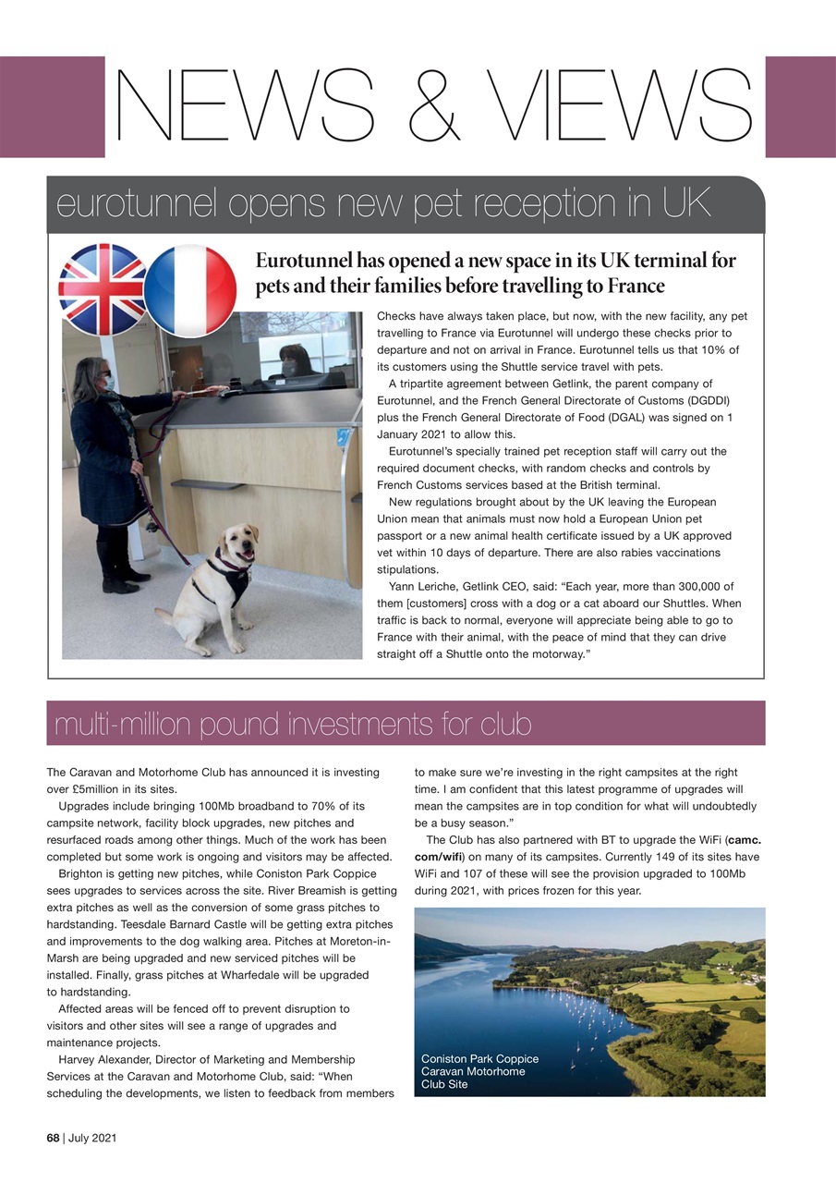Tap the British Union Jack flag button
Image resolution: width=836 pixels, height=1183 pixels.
[x=102, y=288]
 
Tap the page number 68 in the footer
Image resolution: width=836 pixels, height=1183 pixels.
[x=55, y=1138]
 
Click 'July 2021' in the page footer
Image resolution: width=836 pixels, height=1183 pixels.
[x=92, y=1138]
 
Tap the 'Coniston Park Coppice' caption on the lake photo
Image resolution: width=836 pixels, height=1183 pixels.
[x=479, y=1058]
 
